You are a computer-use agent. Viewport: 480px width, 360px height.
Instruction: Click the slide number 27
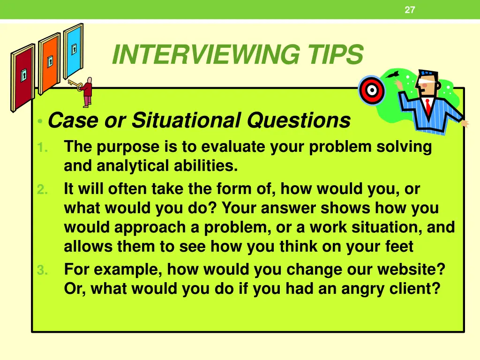point(410,10)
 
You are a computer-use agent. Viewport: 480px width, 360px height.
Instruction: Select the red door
point(22,77)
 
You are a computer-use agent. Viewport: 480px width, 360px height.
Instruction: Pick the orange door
point(49,63)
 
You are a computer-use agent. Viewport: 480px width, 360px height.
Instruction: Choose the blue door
point(73,50)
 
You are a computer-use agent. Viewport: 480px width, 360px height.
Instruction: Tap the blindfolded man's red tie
point(428,106)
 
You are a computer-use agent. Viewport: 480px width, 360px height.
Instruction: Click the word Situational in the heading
point(187,120)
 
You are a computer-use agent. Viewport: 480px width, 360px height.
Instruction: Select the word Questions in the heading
point(299,120)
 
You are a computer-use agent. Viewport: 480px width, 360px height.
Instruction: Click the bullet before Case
point(41,122)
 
